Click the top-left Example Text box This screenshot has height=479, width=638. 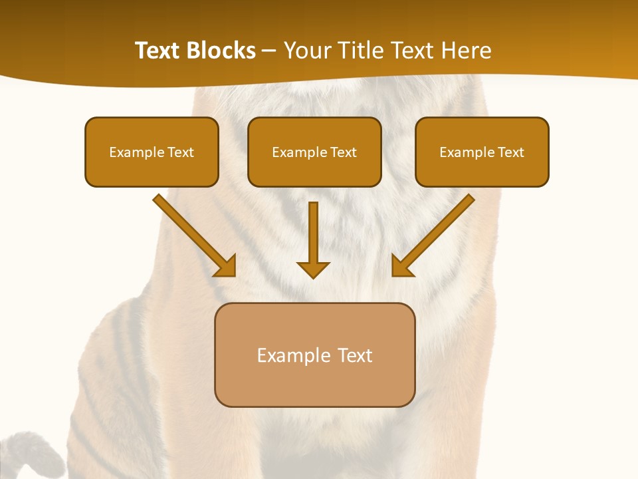(x=152, y=152)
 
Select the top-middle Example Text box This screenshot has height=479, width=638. (x=314, y=152)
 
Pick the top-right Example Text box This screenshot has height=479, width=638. (x=482, y=152)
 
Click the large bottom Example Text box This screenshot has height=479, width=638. (x=314, y=355)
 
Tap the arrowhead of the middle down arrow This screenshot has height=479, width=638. (x=313, y=269)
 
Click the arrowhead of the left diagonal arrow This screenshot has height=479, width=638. (x=226, y=266)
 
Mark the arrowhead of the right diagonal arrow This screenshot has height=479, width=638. (x=401, y=266)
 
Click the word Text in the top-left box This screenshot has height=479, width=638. (x=181, y=152)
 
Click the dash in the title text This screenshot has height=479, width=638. (x=269, y=51)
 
